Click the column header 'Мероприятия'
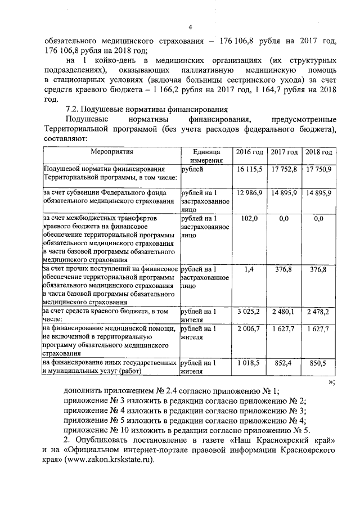click(111, 152)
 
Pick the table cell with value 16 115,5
click(250, 169)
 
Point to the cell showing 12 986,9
click(250, 193)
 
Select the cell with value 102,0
click(250, 218)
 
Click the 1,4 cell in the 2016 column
click(250, 269)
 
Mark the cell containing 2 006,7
click(250, 328)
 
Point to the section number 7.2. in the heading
click(75, 109)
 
